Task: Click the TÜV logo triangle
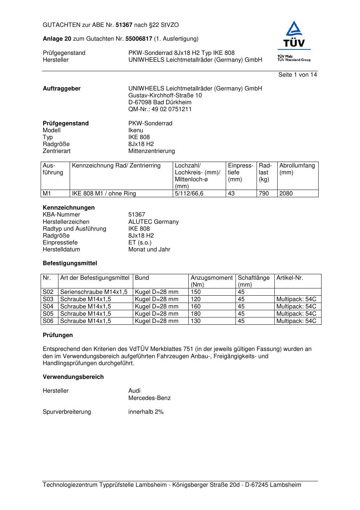(x=294, y=29)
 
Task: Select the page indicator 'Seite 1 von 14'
(x=297, y=75)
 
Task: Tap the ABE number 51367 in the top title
(x=124, y=25)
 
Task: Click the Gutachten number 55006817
(x=139, y=39)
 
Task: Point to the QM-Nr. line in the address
(x=160, y=109)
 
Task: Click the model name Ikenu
(x=136, y=130)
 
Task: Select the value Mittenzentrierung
(x=151, y=151)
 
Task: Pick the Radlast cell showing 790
(x=264, y=194)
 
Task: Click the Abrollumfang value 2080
(x=286, y=194)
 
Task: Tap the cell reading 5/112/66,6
(x=189, y=194)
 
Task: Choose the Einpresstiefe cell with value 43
(x=231, y=194)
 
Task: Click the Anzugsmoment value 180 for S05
(x=196, y=314)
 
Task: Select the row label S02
(x=48, y=292)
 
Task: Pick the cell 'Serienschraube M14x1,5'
(x=94, y=292)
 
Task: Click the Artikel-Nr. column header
(x=290, y=278)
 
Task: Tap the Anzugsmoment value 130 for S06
(x=196, y=321)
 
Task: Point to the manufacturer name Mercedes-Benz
(x=149, y=398)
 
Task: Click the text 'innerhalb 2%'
(x=146, y=412)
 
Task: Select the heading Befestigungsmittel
(x=70, y=263)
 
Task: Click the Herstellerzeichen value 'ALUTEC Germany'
(x=154, y=222)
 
